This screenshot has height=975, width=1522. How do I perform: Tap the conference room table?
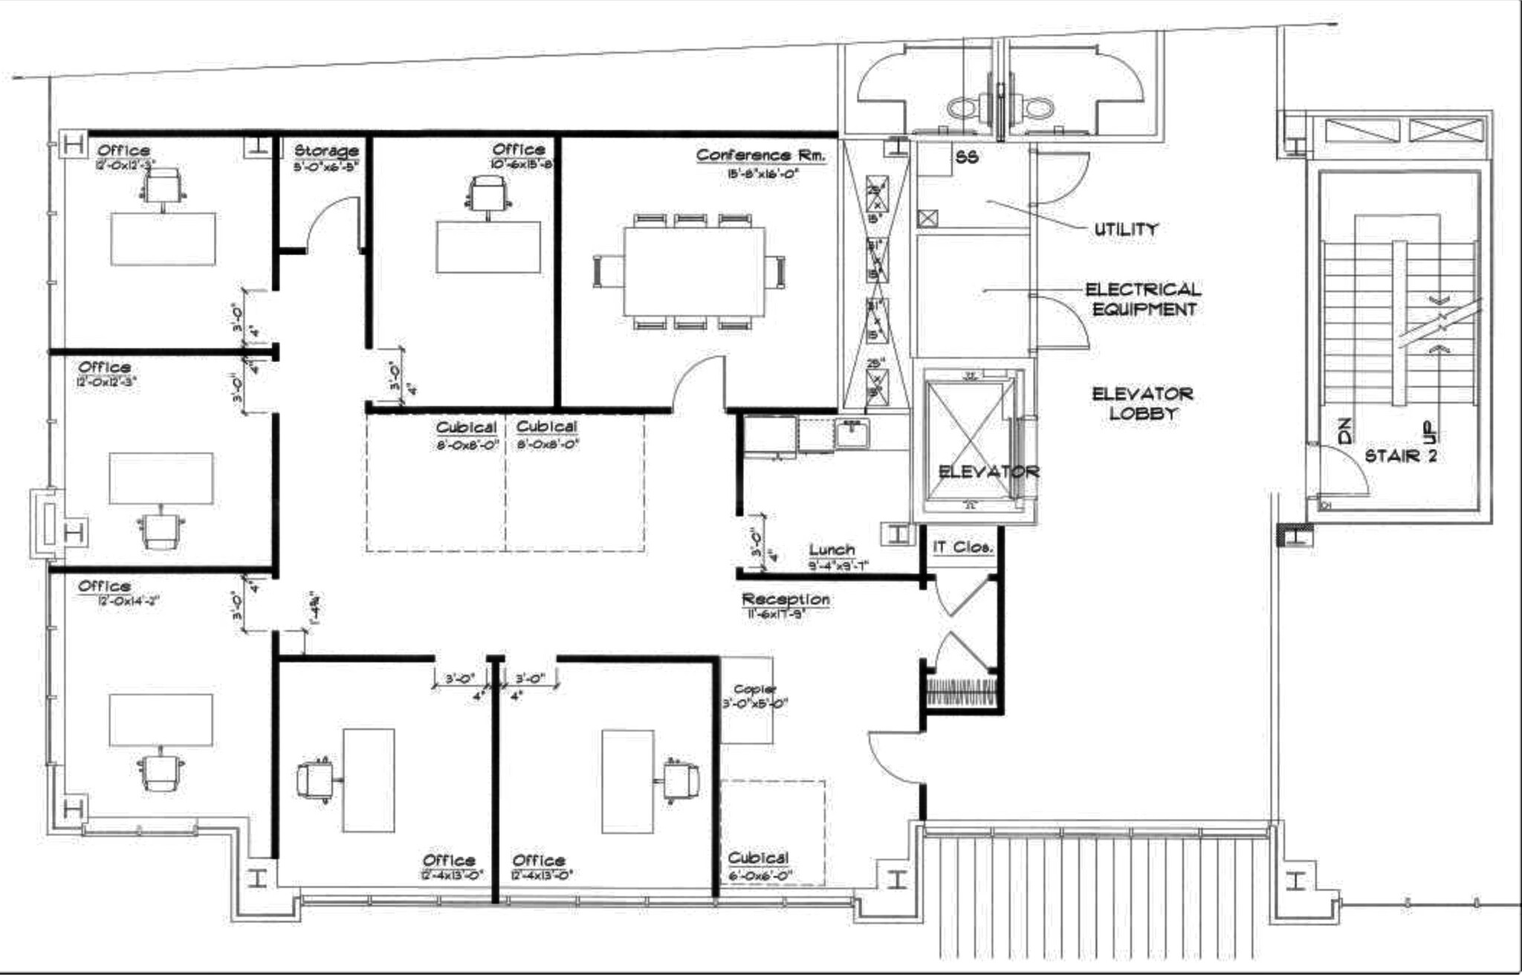coord(694,271)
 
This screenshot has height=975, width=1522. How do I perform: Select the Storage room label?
coord(326,151)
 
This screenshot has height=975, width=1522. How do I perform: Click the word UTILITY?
coord(1125,230)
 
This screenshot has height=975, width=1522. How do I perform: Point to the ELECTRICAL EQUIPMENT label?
coord(1142,299)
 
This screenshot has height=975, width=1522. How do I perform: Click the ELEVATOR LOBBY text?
coord(1141,404)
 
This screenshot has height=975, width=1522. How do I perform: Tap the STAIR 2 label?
coord(1400,456)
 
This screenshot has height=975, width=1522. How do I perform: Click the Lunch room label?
coord(832,550)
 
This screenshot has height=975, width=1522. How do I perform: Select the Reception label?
coord(786,599)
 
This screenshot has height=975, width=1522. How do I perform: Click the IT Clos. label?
coord(962,547)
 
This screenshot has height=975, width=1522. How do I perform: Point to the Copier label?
coord(754,689)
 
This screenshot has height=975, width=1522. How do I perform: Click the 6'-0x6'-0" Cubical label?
coord(758,858)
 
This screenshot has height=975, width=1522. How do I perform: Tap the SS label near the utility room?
coord(967,158)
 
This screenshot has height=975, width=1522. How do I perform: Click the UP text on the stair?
coord(1430,431)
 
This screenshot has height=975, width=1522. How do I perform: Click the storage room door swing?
coord(331,219)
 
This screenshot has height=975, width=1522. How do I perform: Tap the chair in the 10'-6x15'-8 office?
coord(488,195)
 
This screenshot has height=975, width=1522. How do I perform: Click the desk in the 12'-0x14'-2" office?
coord(161,720)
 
